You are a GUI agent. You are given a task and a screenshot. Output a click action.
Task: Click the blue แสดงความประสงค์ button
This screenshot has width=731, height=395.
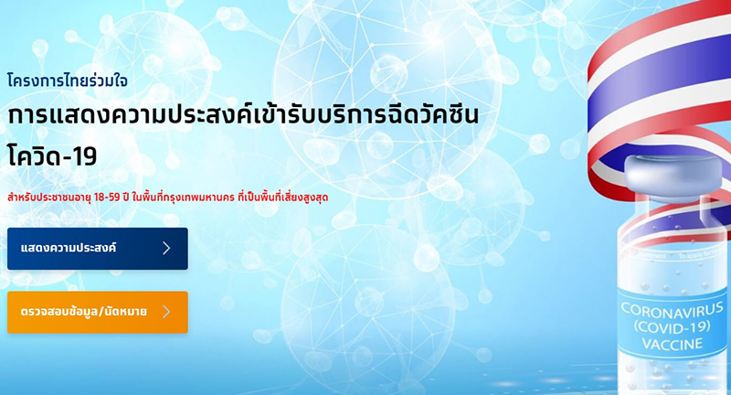tap(97, 248)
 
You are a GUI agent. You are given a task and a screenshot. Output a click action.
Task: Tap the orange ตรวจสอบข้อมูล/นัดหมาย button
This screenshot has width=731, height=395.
tap(97, 312)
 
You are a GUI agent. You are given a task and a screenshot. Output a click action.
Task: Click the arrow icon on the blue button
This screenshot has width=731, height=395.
tap(166, 248)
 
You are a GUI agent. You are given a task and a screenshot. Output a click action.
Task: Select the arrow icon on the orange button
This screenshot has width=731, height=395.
tap(166, 312)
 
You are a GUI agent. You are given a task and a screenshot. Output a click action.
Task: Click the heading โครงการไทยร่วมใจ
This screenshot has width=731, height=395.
tap(67, 80)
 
